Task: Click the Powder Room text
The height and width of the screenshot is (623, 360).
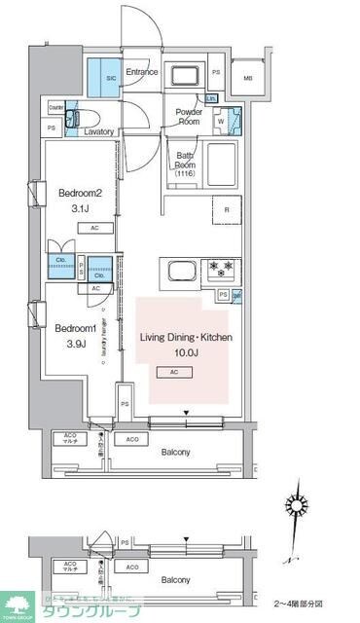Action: tap(189, 117)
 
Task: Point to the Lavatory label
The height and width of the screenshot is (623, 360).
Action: tap(99, 131)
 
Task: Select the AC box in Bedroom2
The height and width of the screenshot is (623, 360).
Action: tap(95, 228)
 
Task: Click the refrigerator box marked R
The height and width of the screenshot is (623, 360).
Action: tap(226, 209)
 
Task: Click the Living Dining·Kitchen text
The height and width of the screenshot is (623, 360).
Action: tap(186, 337)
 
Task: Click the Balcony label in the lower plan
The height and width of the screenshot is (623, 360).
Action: tap(175, 580)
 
